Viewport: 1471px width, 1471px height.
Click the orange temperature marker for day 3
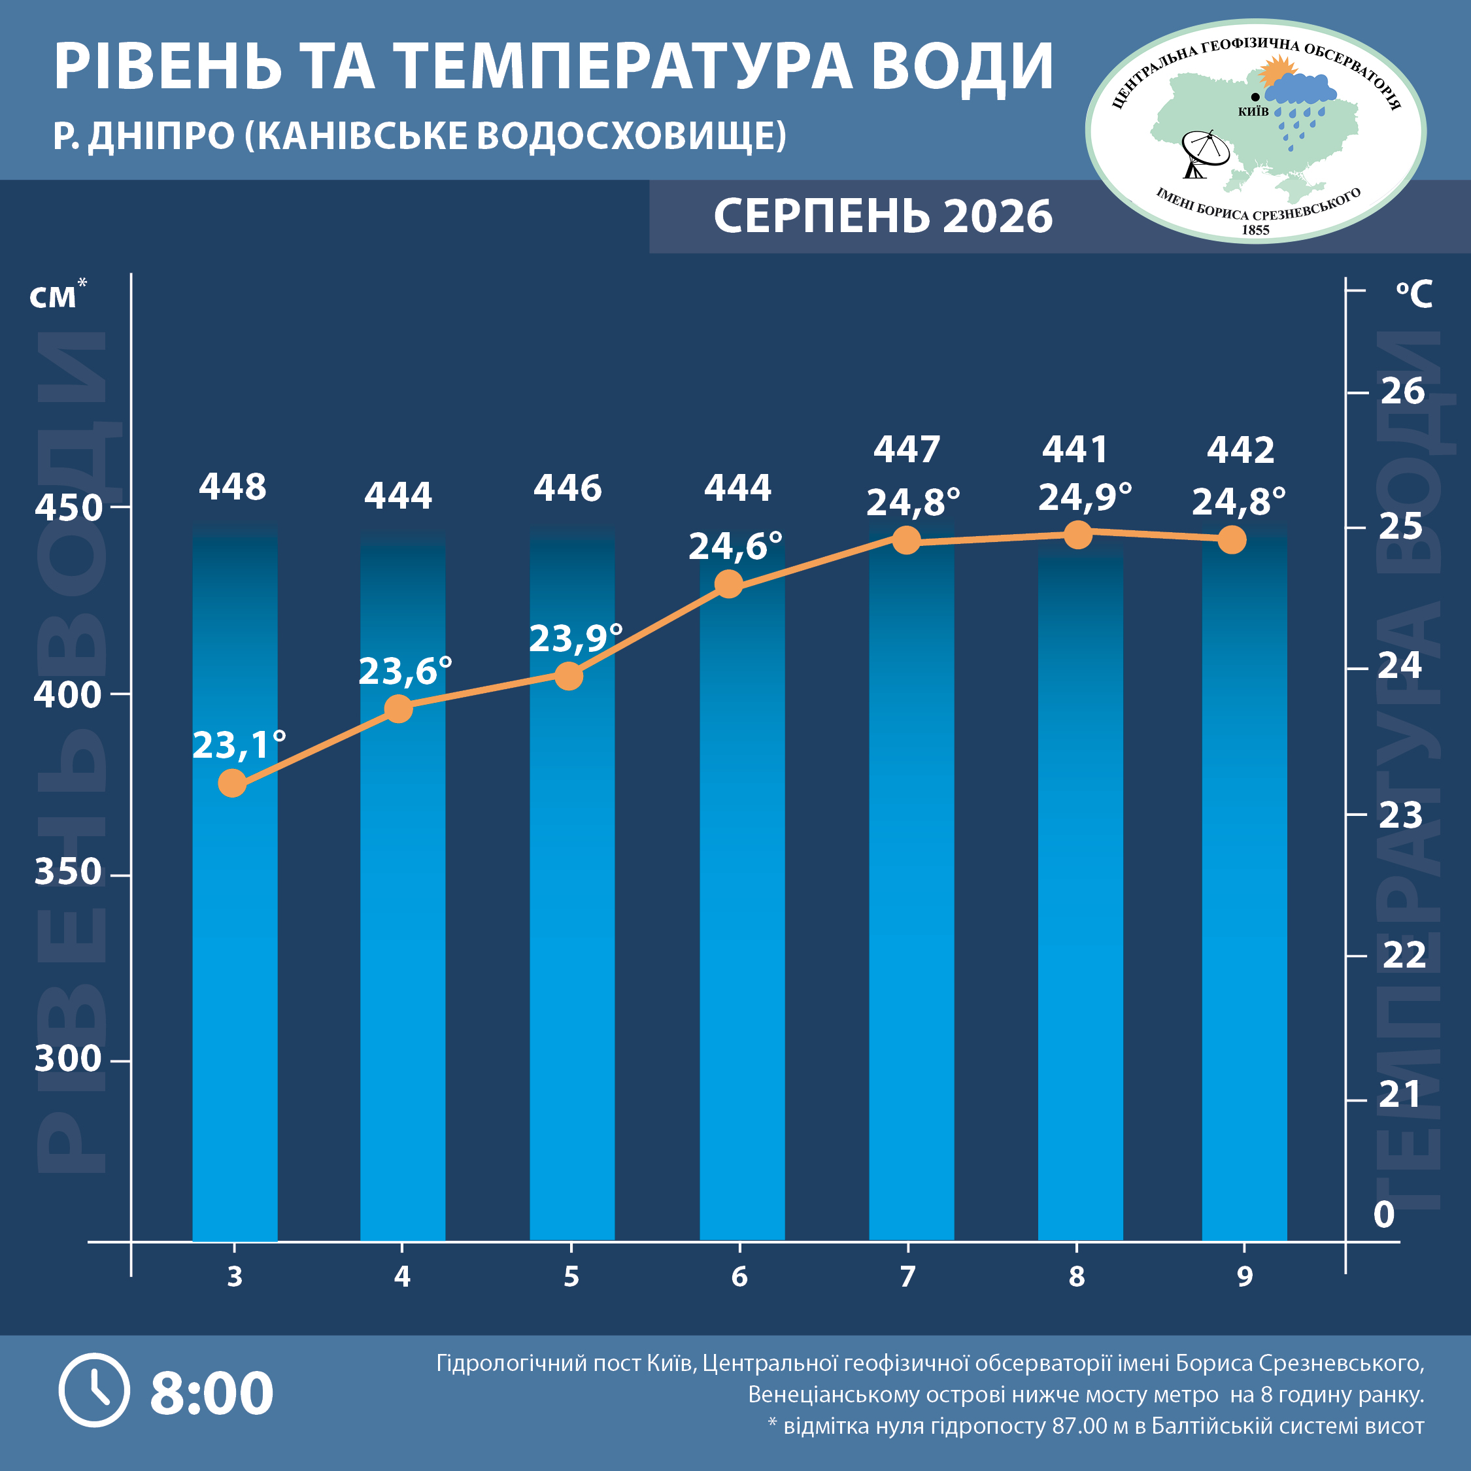[232, 783]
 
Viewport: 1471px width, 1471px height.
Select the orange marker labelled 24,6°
[729, 584]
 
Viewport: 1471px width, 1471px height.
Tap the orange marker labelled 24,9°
[1077, 535]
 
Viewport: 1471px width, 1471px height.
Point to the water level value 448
[232, 486]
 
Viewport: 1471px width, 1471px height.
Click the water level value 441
[1074, 449]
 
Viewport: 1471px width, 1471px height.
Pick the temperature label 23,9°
[575, 638]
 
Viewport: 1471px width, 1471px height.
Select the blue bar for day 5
[572, 883]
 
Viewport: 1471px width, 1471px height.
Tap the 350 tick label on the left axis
[68, 871]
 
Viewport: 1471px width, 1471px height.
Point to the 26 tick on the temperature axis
[1402, 392]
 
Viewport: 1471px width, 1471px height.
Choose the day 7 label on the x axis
[907, 1277]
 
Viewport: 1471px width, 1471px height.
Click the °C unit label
[1414, 294]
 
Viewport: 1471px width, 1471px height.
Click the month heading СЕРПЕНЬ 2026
[883, 216]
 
